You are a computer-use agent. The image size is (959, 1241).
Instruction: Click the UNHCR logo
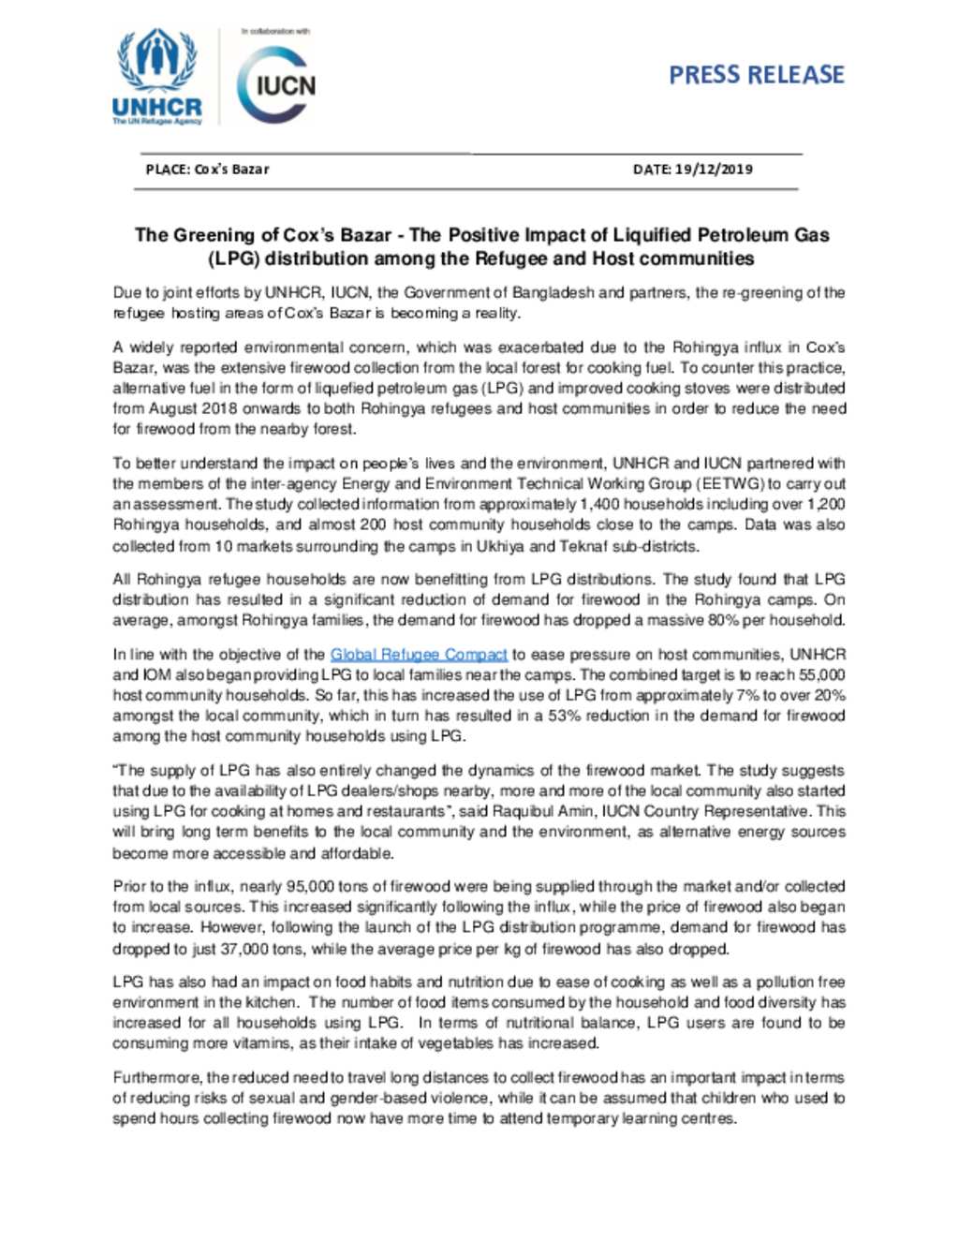pyautogui.click(x=156, y=78)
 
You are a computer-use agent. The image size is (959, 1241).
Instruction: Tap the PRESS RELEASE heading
pyautogui.click(x=756, y=75)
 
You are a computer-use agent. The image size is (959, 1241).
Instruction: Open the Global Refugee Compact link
pyautogui.click(x=418, y=655)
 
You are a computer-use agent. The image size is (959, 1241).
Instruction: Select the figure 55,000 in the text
pyautogui.click(x=822, y=675)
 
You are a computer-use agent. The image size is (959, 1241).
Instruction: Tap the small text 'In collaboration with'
pyautogui.click(x=275, y=31)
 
